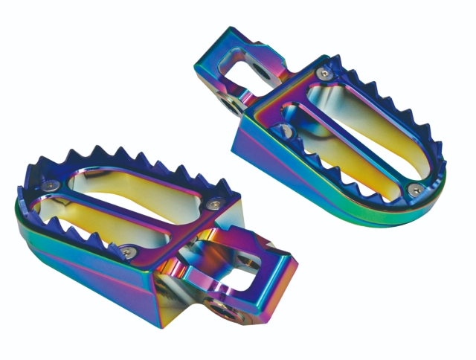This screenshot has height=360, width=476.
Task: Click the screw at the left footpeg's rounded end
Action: (x=47, y=186)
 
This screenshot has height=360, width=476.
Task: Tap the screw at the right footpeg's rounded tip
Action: (x=411, y=187)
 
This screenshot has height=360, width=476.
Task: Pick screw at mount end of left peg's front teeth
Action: (x=123, y=249)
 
